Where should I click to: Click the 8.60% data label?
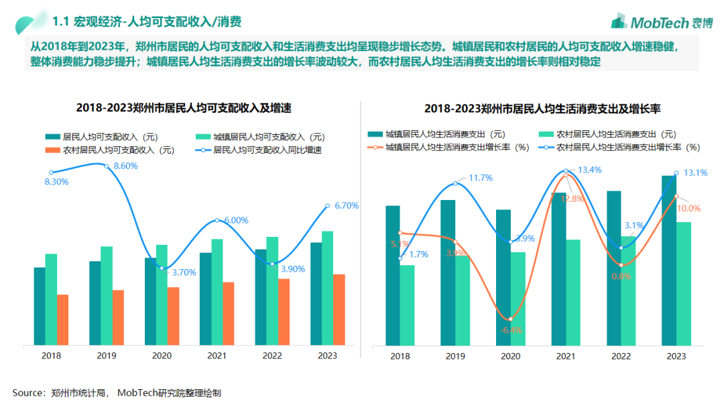click(125, 166)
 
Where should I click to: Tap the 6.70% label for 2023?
click(346, 205)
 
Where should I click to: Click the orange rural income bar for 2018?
click(63, 320)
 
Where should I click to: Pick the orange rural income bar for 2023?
click(339, 309)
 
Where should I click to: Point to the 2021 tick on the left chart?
click(217, 356)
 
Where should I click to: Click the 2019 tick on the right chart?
click(456, 356)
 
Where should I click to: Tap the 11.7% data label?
click(480, 178)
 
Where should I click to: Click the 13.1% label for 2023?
click(695, 172)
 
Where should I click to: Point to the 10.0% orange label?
click(688, 209)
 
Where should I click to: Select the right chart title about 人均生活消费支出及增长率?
click(543, 108)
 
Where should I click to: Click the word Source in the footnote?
click(28, 393)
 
